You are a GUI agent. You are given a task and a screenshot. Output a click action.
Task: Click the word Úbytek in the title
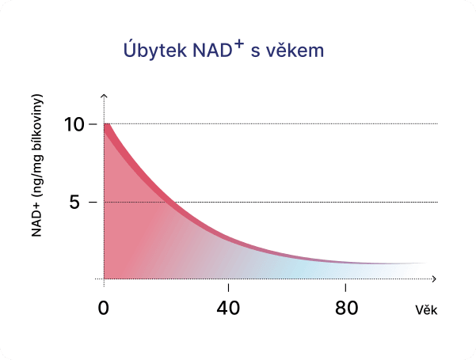click(x=151, y=51)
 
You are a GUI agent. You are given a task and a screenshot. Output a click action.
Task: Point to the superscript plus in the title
click(x=239, y=44)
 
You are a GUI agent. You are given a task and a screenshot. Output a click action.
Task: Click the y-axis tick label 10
click(x=74, y=124)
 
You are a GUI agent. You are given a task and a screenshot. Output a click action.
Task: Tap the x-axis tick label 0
click(x=104, y=308)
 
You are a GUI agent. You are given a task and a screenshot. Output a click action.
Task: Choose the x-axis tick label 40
click(x=228, y=308)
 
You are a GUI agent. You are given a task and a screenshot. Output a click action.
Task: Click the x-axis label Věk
click(x=426, y=309)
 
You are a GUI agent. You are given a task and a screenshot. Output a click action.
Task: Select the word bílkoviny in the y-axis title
click(x=37, y=127)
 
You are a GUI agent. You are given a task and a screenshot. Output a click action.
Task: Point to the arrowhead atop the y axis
click(x=105, y=96)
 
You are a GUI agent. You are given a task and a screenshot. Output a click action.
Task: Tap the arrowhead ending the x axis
click(x=434, y=279)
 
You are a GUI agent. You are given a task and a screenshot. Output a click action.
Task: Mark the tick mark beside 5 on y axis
click(x=93, y=202)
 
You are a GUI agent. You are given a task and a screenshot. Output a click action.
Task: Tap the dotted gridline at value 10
click(x=277, y=124)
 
